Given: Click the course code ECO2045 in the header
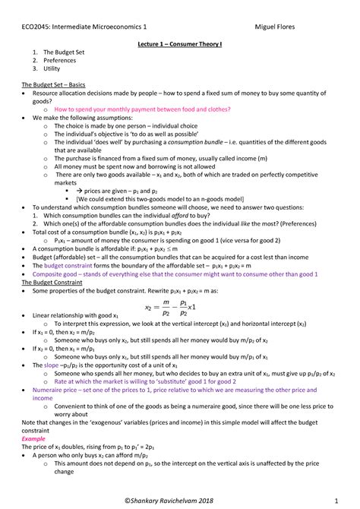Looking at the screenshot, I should (x=34, y=28).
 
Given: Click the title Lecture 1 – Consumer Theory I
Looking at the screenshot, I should (x=178, y=45).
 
